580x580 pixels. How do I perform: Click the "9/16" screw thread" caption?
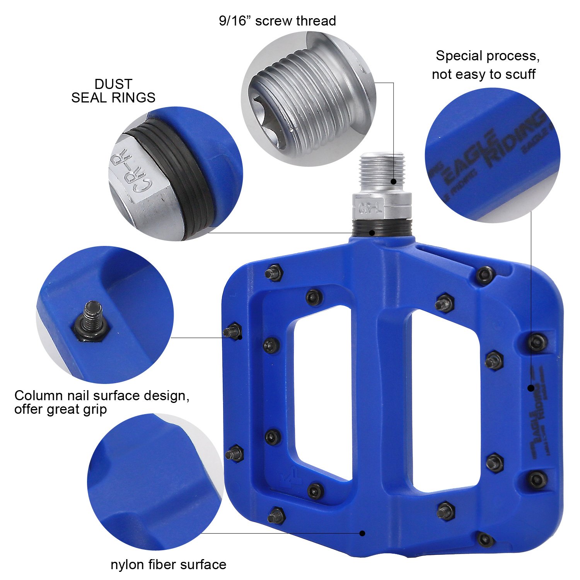277,21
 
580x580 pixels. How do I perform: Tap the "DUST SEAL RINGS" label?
113,91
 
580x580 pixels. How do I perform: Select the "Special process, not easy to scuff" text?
485,65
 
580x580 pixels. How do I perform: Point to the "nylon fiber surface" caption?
168,565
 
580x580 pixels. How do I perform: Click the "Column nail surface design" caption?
102,396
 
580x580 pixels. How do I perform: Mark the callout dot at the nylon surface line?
362,533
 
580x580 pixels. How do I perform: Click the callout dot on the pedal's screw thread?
394,181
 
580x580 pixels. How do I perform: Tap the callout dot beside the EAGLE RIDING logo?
531,387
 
